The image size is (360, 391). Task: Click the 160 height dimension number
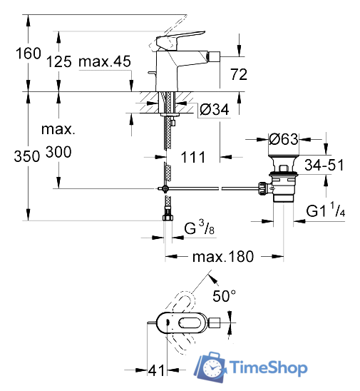(x=16, y=54)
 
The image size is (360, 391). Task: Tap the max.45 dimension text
(x=106, y=62)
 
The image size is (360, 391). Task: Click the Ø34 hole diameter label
(x=214, y=110)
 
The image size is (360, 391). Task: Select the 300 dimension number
(x=58, y=152)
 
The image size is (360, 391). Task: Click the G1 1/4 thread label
(x=326, y=212)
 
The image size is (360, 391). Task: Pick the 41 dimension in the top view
(x=156, y=370)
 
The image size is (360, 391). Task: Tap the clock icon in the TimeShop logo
(x=212, y=367)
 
